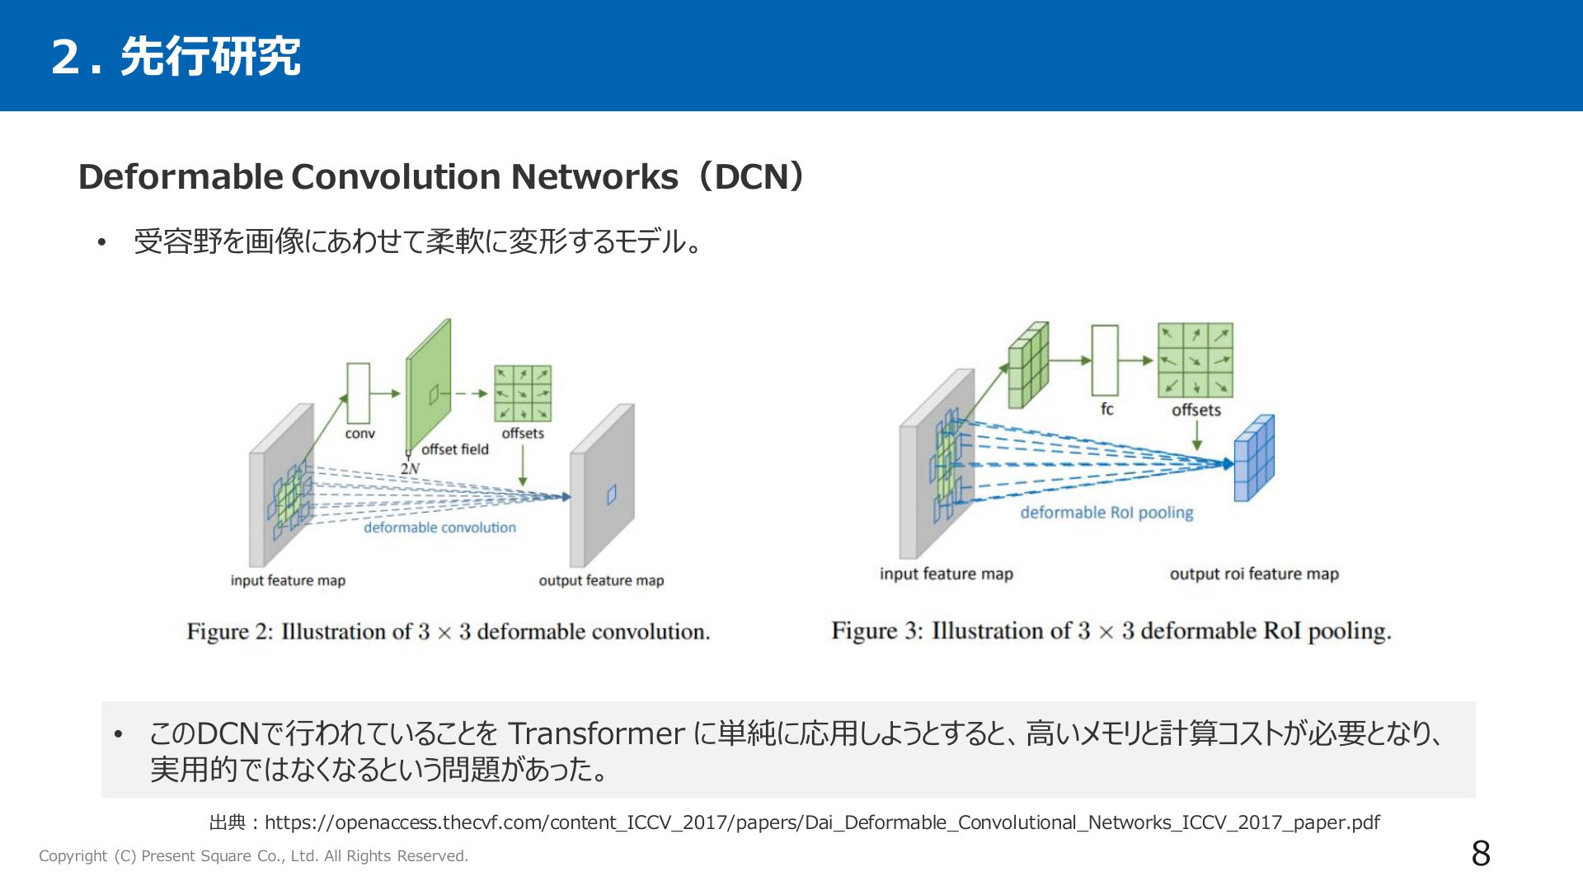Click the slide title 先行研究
210,57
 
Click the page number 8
1481,854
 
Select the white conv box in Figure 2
359,393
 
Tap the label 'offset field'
455,449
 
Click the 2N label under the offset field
410,468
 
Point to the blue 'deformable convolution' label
440,527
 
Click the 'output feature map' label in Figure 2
601,580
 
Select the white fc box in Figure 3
1105,360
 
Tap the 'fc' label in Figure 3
1106,409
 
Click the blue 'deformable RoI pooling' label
1106,513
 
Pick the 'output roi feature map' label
1254,574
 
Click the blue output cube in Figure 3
1254,458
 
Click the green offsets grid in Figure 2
523,394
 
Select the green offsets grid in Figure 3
1195,360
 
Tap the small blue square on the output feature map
612,494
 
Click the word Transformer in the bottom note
596,733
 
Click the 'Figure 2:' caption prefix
230,632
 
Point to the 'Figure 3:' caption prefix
877,631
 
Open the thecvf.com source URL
822,822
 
